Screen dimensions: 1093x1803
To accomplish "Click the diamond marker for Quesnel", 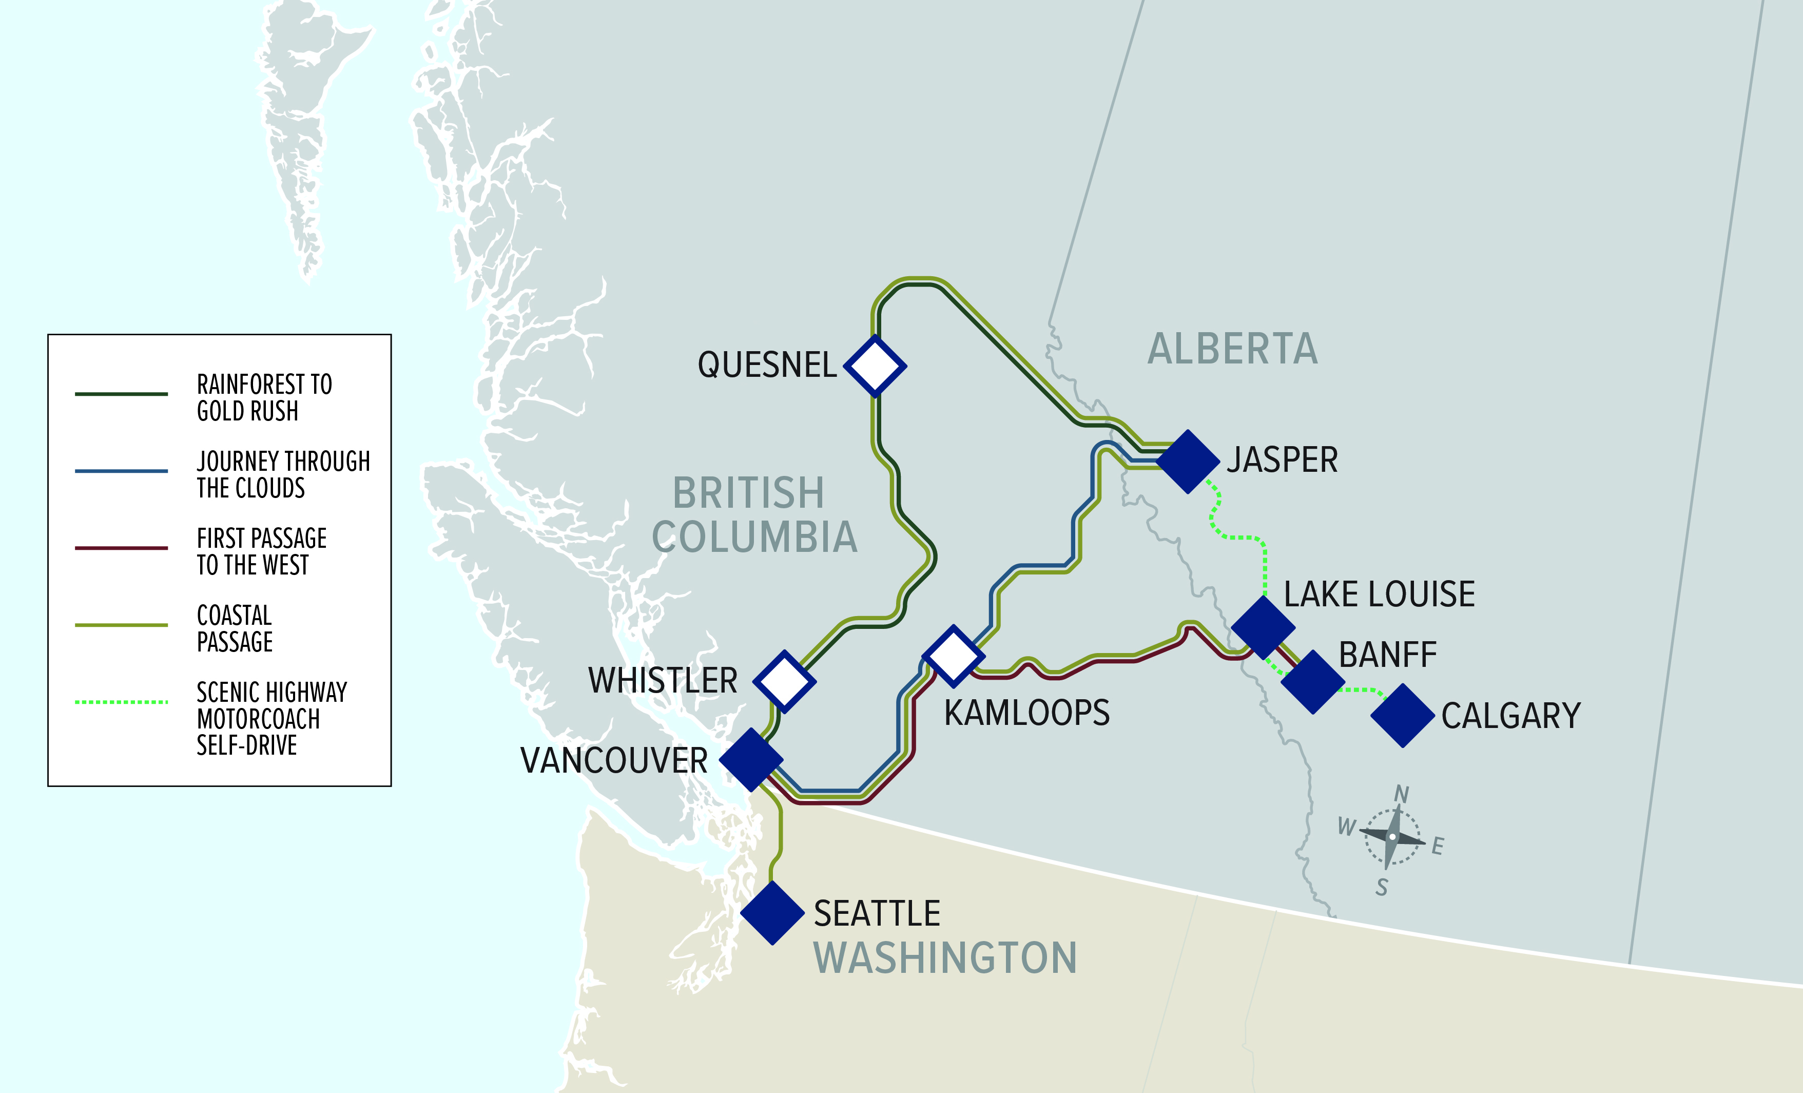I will tap(875, 366).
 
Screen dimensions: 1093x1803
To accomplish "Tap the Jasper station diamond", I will tap(1188, 461).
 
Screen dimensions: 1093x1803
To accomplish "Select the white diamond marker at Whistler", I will tap(784, 681).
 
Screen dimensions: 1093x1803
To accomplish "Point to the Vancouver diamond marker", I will tap(751, 759).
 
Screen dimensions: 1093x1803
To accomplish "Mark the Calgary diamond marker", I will tap(1402, 715).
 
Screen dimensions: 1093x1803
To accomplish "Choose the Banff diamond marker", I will tap(1313, 682).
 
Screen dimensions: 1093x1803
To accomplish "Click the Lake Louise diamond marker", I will tap(1263, 627).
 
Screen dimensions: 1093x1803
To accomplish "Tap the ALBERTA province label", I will tap(1232, 349).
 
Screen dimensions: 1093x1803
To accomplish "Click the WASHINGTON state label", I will tap(945, 957).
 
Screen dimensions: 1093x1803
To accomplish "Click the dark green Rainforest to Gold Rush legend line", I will tap(122, 394).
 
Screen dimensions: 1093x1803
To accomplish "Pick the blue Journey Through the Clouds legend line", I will tap(122, 471).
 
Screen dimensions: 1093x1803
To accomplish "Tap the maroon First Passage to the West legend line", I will tap(122, 548).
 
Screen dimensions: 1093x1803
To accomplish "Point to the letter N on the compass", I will tap(1401, 794).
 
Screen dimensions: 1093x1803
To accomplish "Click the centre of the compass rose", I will tap(1392, 836).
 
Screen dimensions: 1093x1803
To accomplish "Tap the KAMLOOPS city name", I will tap(1026, 713).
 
